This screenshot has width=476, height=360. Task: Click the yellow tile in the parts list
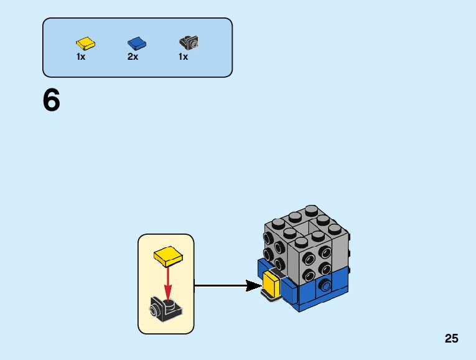(86, 43)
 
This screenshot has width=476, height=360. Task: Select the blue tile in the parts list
(137, 43)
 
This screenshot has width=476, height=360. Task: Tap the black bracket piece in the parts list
(189, 43)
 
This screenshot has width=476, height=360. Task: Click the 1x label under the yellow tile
(81, 57)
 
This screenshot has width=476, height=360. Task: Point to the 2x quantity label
(133, 57)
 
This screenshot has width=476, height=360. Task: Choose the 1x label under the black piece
(183, 57)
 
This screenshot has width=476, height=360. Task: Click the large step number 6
(52, 101)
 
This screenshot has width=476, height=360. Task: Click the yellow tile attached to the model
(271, 284)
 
